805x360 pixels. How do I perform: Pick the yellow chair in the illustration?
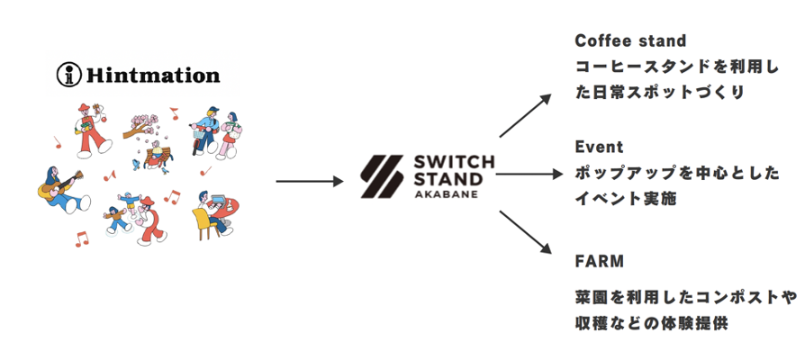click(x=203, y=223)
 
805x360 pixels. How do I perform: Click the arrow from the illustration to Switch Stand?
click(x=310, y=182)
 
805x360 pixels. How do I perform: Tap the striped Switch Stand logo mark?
click(x=382, y=176)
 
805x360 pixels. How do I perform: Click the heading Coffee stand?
click(x=630, y=41)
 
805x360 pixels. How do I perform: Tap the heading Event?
click(x=599, y=147)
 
